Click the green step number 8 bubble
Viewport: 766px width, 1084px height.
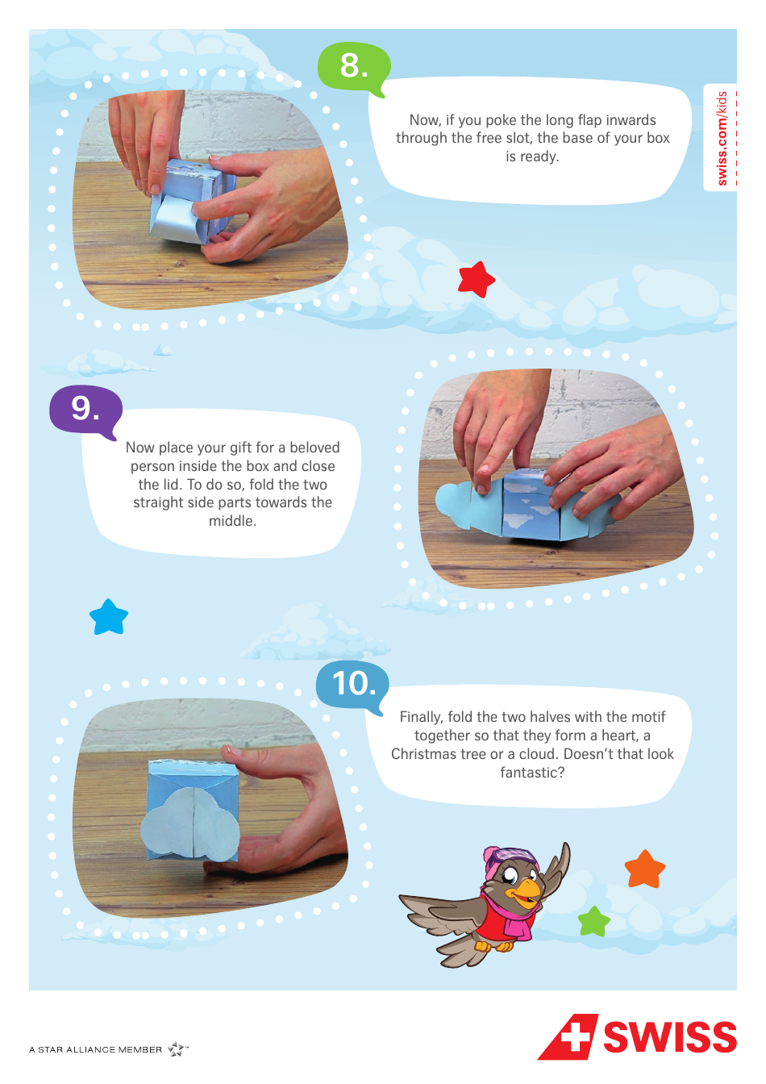[x=353, y=65]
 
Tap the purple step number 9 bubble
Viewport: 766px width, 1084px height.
[x=85, y=409]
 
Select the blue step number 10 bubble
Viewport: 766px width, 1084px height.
[x=353, y=684]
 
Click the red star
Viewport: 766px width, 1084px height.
[x=476, y=279]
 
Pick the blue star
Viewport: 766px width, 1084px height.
[x=109, y=618]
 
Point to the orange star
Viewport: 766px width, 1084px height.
[x=645, y=869]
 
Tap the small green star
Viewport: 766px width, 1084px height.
[x=594, y=921]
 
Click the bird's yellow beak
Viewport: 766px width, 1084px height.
[x=528, y=890]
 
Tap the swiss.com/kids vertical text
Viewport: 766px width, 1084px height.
[x=722, y=138]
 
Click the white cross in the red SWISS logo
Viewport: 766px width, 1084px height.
[x=574, y=1036]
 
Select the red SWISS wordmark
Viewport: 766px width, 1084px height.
[x=669, y=1037]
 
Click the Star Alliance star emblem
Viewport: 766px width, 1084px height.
[x=177, y=1049]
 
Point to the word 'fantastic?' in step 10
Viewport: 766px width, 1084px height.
[x=532, y=773]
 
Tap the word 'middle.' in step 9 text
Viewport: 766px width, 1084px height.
[x=232, y=521]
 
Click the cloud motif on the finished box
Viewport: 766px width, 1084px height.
[x=190, y=823]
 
